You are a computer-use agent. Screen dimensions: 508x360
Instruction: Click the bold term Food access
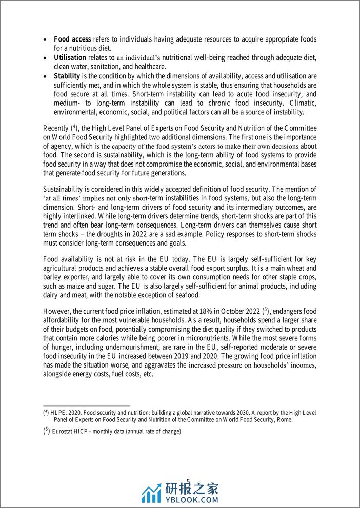[x=73, y=39]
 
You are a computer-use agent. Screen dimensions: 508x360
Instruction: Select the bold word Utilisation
[x=71, y=57]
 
